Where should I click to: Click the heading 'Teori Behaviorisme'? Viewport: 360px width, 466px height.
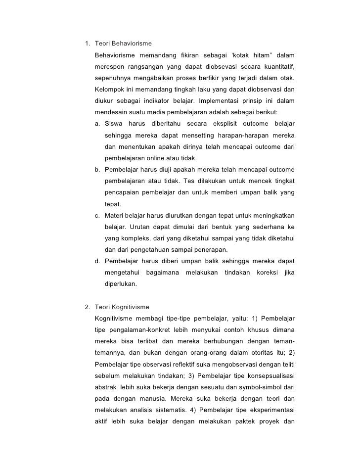pyautogui.click(x=123, y=44)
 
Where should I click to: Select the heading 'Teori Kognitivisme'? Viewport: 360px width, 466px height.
pyautogui.click(x=121, y=307)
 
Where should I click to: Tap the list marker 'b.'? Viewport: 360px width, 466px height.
pyautogui.click(x=98, y=170)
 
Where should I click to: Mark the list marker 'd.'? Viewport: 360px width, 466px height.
pyautogui.click(x=98, y=261)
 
